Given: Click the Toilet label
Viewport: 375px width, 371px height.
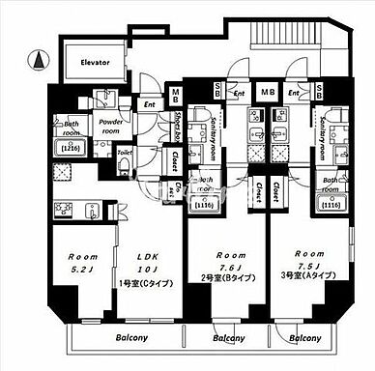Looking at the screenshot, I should click(x=124, y=152).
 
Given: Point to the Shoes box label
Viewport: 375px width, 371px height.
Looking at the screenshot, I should click(x=179, y=126).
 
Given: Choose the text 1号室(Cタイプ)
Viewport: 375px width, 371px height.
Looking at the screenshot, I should click(x=142, y=283).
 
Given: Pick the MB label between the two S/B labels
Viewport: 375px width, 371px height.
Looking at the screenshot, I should click(x=267, y=93).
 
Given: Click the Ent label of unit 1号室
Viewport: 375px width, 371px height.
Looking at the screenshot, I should click(x=149, y=104).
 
